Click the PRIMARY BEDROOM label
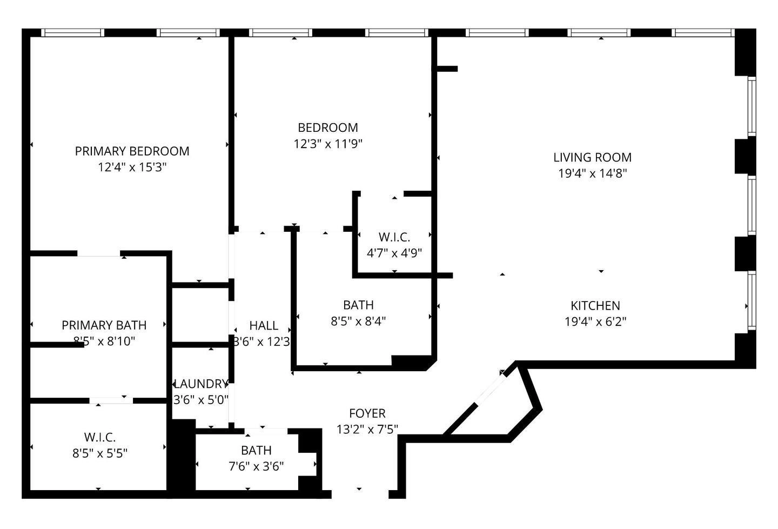pos(132,151)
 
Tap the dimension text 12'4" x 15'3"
pos(132,168)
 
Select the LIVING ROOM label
pos(592,158)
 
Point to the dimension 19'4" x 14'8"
pos(592,174)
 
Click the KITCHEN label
pos(595,306)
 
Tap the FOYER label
pos(367,414)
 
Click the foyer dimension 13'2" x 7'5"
pos(367,430)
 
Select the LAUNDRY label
pos(200,384)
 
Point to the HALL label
pos(264,326)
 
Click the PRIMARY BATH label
pos(104,325)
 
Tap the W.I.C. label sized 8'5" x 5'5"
pos(99,437)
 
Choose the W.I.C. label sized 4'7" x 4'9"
pos(394,237)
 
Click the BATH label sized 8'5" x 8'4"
pos(358,305)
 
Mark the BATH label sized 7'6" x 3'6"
pos(256,451)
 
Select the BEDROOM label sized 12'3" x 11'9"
pos(327,128)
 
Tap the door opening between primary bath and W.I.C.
pos(111,400)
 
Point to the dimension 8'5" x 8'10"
pos(104,341)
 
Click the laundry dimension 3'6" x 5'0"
pos(200,400)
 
